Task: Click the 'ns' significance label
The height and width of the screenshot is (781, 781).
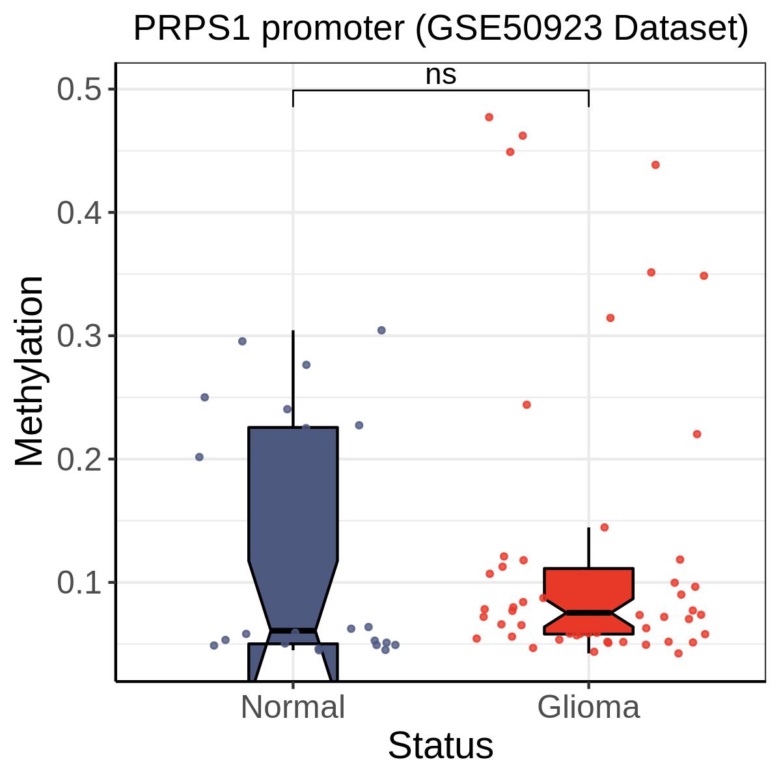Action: click(441, 75)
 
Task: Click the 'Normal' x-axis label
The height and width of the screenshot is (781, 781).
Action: click(293, 707)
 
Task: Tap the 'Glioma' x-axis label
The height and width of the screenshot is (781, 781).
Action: click(589, 707)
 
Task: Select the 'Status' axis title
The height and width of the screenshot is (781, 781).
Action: click(441, 746)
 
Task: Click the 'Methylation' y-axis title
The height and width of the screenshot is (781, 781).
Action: click(30, 372)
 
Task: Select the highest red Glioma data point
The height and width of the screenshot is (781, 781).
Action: click(489, 117)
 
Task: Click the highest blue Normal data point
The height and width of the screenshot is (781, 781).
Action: click(381, 331)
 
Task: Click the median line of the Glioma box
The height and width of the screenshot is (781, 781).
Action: click(589, 612)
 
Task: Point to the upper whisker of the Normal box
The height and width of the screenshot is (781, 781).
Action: click(293, 377)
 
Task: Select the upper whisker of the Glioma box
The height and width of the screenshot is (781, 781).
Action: click(589, 547)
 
